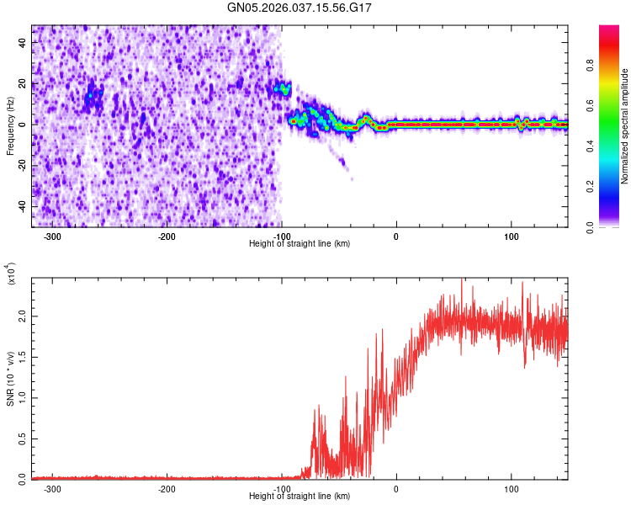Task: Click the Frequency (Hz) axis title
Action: pyautogui.click(x=11, y=125)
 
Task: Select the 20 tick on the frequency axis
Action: pyautogui.click(x=24, y=83)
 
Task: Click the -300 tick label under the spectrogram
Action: pyautogui.click(x=52, y=236)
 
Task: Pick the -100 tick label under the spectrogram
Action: pyautogui.click(x=282, y=236)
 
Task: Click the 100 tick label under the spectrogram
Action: pyautogui.click(x=511, y=236)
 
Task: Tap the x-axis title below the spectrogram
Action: pyautogui.click(x=300, y=243)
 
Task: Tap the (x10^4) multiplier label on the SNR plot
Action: pyautogui.click(x=11, y=274)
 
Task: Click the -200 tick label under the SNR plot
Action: pyautogui.click(x=167, y=488)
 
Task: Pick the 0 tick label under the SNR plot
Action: pyautogui.click(x=396, y=488)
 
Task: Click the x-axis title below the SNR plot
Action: pyautogui.click(x=300, y=496)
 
